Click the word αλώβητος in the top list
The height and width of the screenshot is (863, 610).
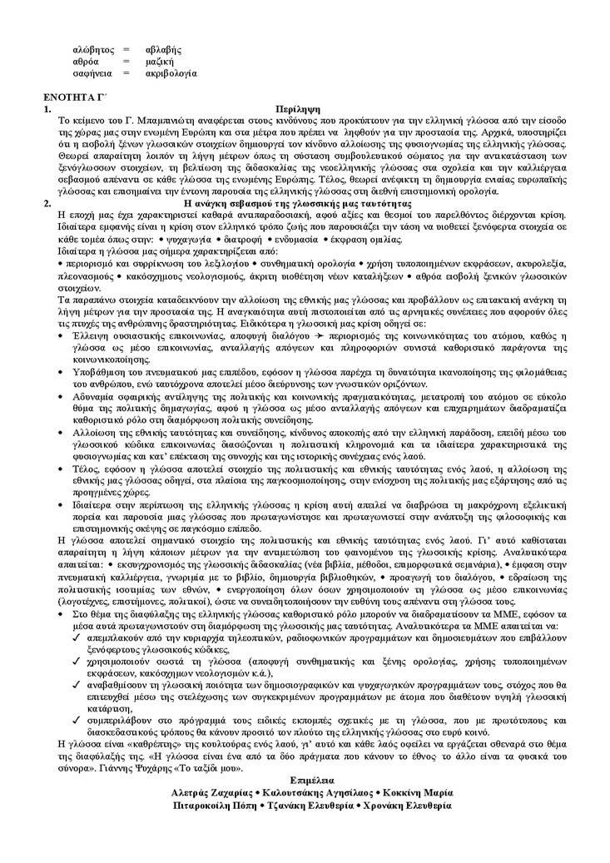tap(92, 49)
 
